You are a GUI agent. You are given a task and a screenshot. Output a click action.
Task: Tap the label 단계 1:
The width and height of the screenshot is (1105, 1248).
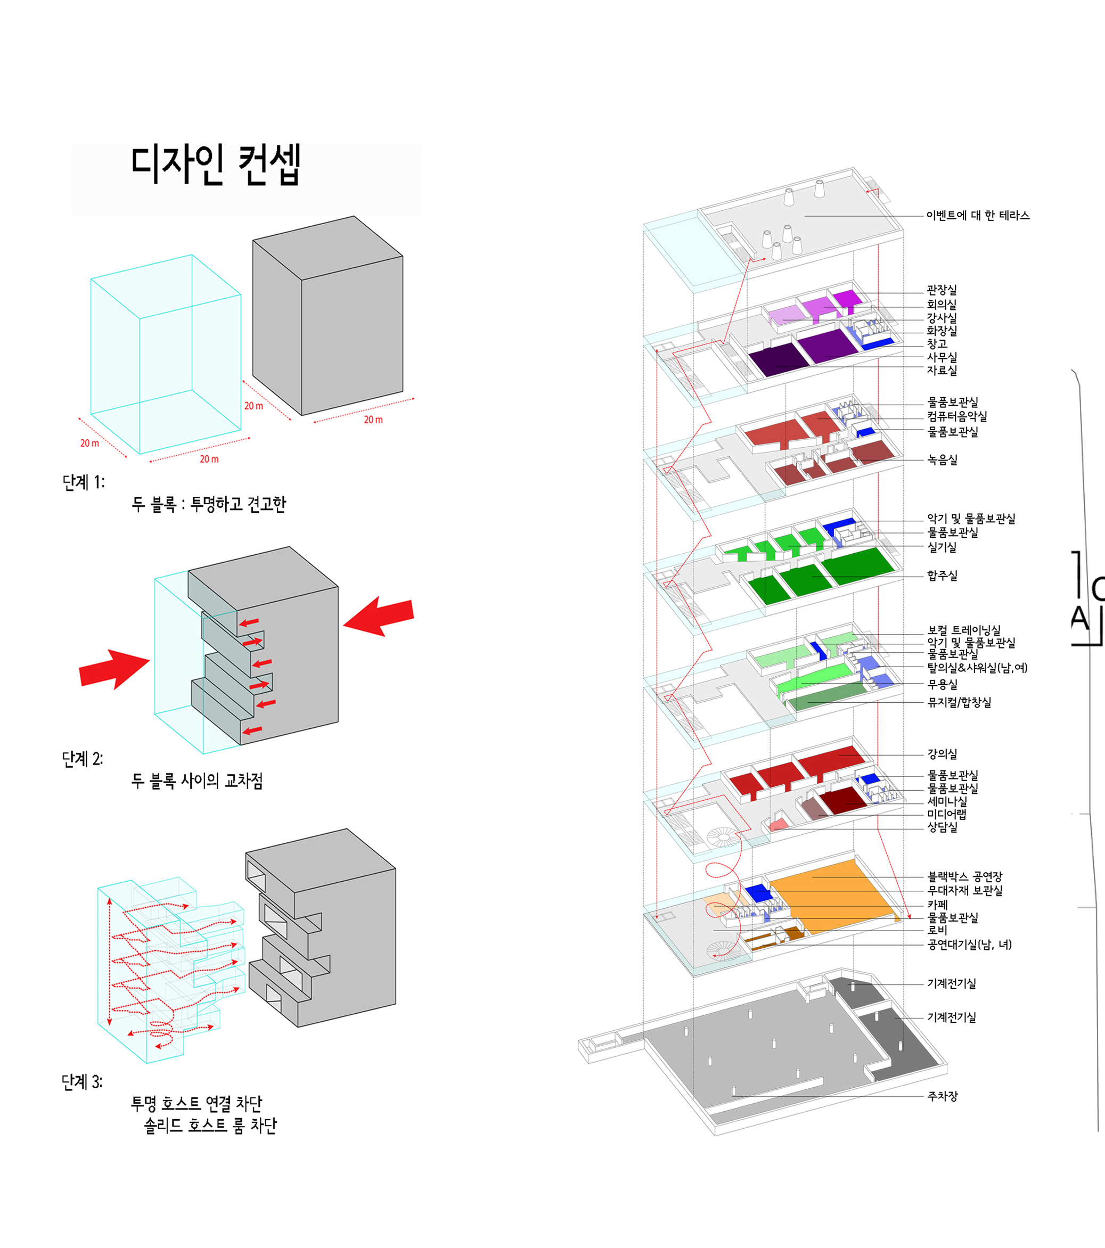[84, 482]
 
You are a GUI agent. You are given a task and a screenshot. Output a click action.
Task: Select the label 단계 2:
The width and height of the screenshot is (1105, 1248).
[83, 759]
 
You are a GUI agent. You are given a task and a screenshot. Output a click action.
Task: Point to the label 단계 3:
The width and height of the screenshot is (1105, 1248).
[82, 1082]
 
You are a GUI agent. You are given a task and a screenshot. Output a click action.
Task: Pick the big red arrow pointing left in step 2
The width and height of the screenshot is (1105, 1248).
[379, 616]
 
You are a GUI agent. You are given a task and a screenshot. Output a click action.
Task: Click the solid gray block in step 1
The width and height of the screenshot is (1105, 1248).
[328, 316]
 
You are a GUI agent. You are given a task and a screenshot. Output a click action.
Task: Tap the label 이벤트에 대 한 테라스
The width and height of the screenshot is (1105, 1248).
[978, 216]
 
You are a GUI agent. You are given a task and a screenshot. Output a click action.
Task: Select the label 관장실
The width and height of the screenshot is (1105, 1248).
[942, 290]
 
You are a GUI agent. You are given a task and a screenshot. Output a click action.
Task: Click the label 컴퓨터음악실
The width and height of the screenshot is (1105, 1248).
[957, 416]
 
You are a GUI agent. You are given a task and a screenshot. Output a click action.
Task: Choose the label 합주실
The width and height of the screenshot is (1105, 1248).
[943, 575]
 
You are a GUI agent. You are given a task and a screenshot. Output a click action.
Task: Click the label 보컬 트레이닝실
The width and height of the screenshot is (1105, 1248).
[964, 630]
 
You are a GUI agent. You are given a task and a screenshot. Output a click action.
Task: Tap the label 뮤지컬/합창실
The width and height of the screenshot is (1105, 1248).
[959, 702]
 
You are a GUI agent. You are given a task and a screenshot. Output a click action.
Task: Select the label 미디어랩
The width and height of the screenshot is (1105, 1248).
[947, 814]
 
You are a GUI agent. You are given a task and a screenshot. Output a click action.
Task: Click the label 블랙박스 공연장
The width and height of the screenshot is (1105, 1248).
[965, 877]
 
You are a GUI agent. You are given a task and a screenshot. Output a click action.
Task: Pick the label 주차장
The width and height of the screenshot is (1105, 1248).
[943, 1096]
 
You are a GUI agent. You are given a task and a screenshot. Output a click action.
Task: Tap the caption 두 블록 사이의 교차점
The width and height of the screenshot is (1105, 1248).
[197, 781]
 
